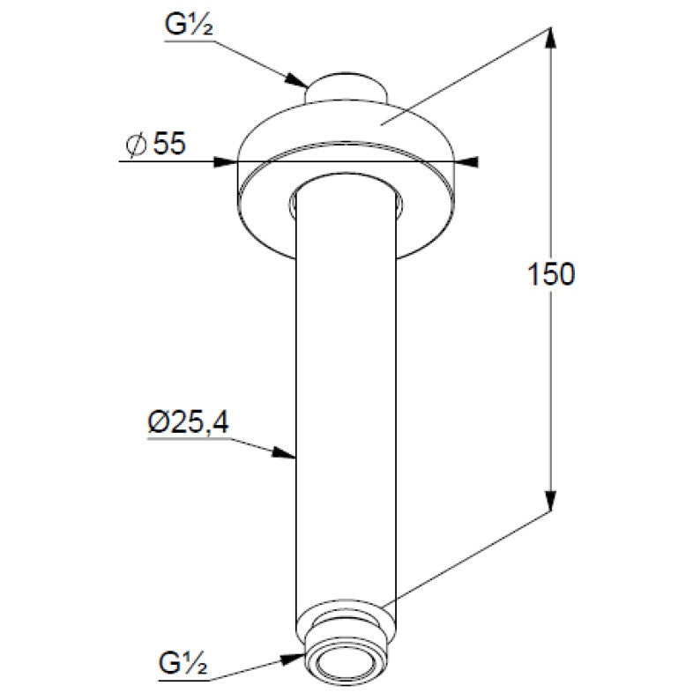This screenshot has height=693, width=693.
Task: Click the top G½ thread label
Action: coord(189,26)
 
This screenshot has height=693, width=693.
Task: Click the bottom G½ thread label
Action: coord(183,663)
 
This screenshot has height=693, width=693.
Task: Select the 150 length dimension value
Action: coord(551,274)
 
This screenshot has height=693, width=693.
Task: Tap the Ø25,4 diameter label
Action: coord(189,422)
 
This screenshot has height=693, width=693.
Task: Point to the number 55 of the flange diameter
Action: coord(169,143)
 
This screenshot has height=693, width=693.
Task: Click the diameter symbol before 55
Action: coord(136,145)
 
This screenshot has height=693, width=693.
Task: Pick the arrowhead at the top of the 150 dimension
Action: coord(550,39)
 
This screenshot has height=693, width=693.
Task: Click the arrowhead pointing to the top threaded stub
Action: coord(296,79)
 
